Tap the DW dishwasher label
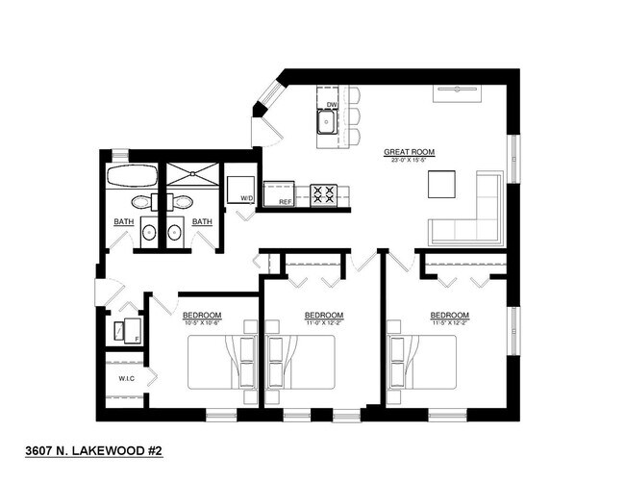(x=332, y=105)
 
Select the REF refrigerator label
(x=286, y=202)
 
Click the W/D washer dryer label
(x=247, y=199)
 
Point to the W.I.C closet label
(x=126, y=378)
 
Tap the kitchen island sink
(x=328, y=122)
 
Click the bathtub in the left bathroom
(x=131, y=176)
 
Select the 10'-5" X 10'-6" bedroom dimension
(x=203, y=322)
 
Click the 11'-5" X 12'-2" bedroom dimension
(x=449, y=322)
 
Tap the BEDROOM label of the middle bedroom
(x=324, y=315)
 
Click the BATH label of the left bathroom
(x=124, y=222)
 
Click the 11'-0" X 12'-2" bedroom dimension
(x=324, y=322)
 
